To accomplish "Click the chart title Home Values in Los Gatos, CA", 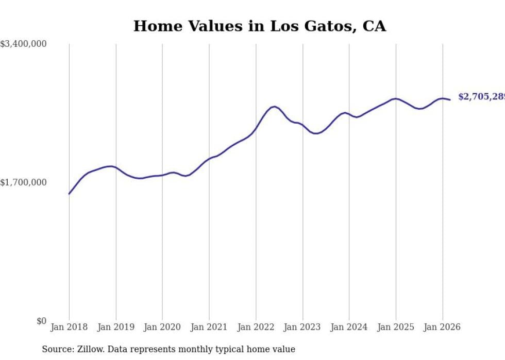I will point(259,26).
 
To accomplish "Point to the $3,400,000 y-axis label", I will point(23,44).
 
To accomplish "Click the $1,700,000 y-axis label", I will point(23,182).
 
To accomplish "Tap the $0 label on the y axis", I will point(41,321).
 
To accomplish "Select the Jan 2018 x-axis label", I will point(69,327).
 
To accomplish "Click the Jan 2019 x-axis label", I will point(116,327).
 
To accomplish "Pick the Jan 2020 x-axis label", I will point(162,327).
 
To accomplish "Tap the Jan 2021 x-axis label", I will point(209,327).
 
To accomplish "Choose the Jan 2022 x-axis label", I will point(256,327).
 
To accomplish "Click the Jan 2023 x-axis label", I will point(302,327).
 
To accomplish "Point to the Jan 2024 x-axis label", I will point(349,327).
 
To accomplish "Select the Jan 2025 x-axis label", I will point(396,327).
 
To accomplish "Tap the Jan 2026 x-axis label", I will point(442,327).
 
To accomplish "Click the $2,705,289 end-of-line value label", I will point(481,97).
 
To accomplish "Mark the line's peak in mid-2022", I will point(275,107).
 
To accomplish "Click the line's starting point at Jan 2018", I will point(69,194).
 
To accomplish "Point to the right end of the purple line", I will point(450,99).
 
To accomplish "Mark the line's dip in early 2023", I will point(316,133).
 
